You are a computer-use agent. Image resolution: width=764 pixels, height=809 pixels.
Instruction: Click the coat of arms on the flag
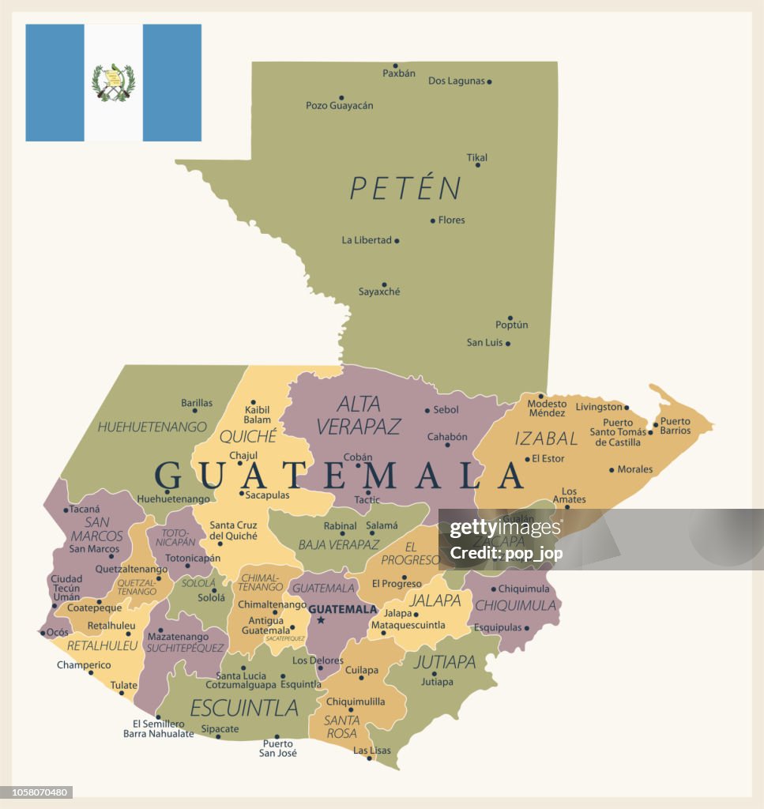pyautogui.click(x=113, y=82)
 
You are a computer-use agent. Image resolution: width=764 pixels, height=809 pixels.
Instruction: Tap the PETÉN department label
pyautogui.click(x=405, y=189)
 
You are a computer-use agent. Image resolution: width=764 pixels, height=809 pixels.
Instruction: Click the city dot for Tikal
pyautogui.click(x=477, y=165)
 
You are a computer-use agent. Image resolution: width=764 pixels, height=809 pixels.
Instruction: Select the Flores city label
pyautogui.click(x=452, y=220)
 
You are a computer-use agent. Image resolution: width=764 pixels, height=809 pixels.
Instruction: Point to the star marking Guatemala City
pyautogui.click(x=321, y=620)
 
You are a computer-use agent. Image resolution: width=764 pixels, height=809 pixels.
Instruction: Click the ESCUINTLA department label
pyautogui.click(x=244, y=707)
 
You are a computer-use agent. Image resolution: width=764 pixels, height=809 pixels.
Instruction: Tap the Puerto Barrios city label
pyautogui.click(x=675, y=426)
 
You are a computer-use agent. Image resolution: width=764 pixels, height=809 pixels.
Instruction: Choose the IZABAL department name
pyautogui.click(x=547, y=438)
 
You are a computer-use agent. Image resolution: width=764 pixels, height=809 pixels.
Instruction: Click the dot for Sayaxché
pyautogui.click(x=384, y=284)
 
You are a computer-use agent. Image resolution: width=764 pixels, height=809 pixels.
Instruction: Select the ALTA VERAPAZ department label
pyautogui.click(x=359, y=416)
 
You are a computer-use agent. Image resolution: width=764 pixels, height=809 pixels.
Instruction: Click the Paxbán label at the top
pyautogui.click(x=399, y=73)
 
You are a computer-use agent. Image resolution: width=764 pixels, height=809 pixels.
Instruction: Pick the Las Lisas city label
pyautogui.click(x=371, y=751)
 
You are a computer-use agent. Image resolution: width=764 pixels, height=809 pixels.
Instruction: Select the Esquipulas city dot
pyautogui.click(x=526, y=628)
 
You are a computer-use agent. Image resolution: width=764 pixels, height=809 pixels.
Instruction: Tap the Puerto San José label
pyautogui.click(x=278, y=748)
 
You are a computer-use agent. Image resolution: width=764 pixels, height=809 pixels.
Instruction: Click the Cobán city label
pyautogui.click(x=358, y=457)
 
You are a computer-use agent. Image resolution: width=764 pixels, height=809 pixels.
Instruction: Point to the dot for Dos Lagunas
pyautogui.click(x=489, y=81)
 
